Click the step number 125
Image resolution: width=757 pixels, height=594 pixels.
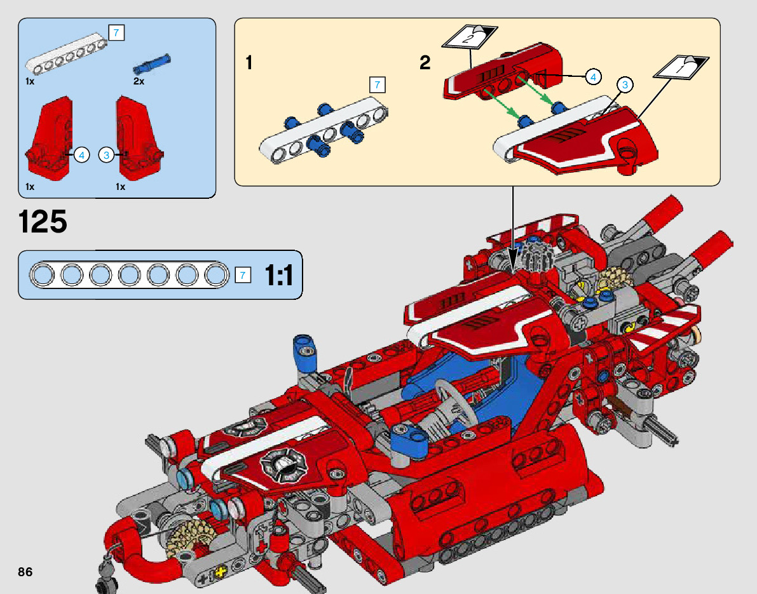43,222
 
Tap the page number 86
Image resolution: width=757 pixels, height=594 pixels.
25,572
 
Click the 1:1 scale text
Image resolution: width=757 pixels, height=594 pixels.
279,276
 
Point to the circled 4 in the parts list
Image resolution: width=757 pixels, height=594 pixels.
81,155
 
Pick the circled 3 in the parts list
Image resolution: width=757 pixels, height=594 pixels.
107,155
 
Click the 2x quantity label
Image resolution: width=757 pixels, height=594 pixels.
139,81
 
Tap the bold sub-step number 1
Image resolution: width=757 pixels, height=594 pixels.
249,63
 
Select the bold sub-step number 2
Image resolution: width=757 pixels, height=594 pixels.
425,63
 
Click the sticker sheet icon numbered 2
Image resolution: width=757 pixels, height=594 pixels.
470,37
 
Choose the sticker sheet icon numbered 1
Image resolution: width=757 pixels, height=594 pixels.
681,67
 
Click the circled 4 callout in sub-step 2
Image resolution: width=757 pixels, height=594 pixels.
593,76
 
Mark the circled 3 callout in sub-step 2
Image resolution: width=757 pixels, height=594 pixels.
625,85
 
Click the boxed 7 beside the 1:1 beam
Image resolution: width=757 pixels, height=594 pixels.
242,275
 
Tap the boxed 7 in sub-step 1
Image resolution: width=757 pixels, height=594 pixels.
377,85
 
